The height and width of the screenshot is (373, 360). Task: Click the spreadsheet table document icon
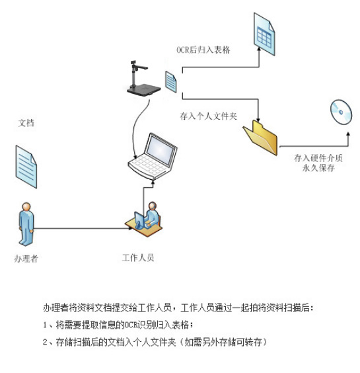pos(264,34)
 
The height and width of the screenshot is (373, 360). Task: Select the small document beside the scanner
pos(171,81)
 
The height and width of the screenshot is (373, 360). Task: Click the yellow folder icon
pos(260,138)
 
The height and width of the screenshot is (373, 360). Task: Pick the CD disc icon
pos(342,112)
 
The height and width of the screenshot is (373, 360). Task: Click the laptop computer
pos(153,156)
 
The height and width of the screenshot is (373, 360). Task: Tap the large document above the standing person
pos(26,167)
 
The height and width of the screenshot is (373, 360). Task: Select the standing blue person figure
pos(26,224)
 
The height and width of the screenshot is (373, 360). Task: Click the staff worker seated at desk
pos(144,220)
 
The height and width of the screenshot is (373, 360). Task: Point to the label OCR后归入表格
pos(203,50)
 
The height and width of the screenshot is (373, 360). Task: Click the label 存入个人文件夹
pos(208,116)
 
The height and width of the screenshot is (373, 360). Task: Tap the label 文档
pos(26,123)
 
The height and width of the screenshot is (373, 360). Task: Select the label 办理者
pos(26,259)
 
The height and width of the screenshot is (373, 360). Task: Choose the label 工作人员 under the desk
pos(138,258)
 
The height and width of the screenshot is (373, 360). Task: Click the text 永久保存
pos(318,168)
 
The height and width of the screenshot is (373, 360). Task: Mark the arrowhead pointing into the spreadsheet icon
pos(259,49)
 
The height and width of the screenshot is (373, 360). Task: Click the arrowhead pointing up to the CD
pos(348,134)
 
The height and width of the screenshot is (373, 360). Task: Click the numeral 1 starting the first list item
pos(45,325)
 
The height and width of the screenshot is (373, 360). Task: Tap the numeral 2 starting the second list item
pos(45,342)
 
